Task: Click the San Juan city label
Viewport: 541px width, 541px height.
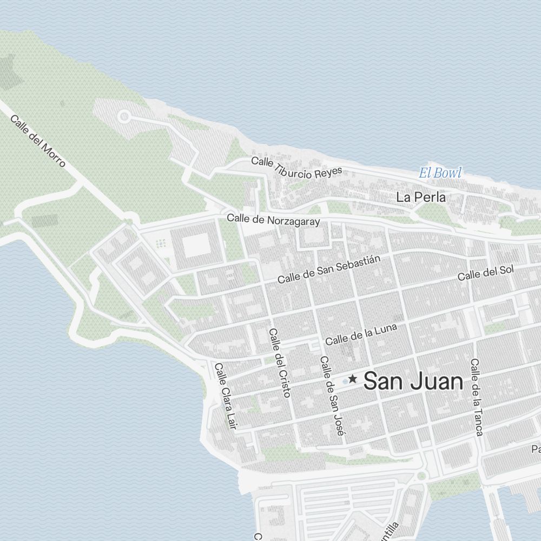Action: click(414, 382)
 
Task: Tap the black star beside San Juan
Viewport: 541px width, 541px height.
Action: click(353, 379)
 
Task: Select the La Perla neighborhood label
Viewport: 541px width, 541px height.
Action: click(421, 197)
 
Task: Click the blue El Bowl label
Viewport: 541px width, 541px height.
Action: click(440, 174)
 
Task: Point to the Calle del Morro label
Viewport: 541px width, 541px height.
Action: click(38, 141)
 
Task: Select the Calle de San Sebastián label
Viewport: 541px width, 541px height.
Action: click(329, 269)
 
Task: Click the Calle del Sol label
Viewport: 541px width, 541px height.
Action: click(485, 273)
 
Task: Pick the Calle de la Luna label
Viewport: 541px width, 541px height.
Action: click(361, 334)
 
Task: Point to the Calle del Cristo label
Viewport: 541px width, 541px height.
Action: click(280, 362)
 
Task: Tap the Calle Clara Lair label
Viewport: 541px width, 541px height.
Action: click(226, 396)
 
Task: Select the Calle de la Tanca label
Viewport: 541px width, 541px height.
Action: click(477, 397)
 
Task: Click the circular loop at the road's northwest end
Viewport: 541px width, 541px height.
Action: click(124, 116)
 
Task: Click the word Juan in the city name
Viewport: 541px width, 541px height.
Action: click(437, 382)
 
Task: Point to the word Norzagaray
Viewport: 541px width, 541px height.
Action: click(293, 221)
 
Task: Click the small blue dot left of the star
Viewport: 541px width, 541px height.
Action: click(345, 381)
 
